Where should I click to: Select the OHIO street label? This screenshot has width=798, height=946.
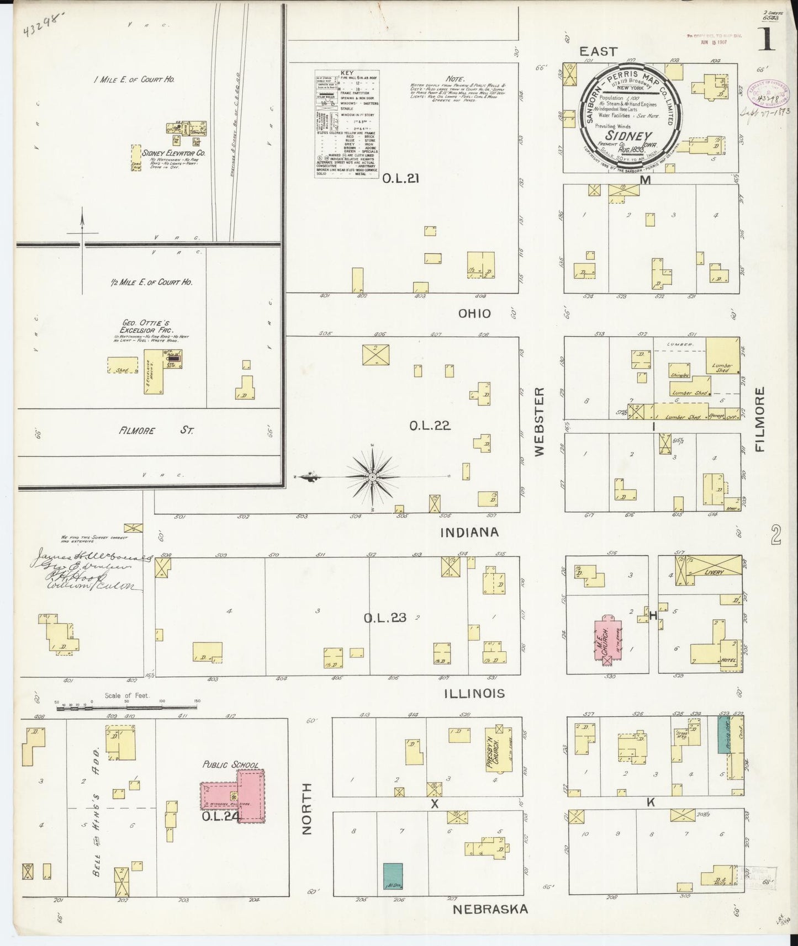474,313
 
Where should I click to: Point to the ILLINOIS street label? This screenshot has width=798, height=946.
474,693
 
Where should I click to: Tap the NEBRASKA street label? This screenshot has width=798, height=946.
490,909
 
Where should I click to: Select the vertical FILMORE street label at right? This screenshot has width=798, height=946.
761,419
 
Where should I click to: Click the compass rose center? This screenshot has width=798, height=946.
373,476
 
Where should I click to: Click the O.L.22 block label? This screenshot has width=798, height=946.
430,426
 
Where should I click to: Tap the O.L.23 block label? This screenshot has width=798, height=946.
384,618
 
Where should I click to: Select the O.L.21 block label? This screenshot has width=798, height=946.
395,178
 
